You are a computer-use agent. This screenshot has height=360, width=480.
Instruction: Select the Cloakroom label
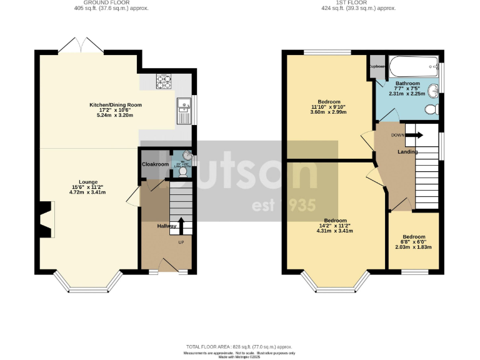pos(156,164)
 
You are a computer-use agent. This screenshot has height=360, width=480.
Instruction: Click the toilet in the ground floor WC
pos(182,169)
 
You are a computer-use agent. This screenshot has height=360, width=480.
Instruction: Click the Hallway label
pos(167,226)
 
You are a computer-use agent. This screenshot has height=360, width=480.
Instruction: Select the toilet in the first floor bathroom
pos(431,110)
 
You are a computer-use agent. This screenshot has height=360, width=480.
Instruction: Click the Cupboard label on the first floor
pos(377,66)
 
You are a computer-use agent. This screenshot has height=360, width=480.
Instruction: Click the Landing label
pos(407,151)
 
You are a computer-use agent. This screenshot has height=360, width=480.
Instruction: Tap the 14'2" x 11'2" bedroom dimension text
pos(334,226)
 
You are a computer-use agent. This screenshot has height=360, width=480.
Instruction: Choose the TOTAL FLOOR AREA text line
pos(239,346)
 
